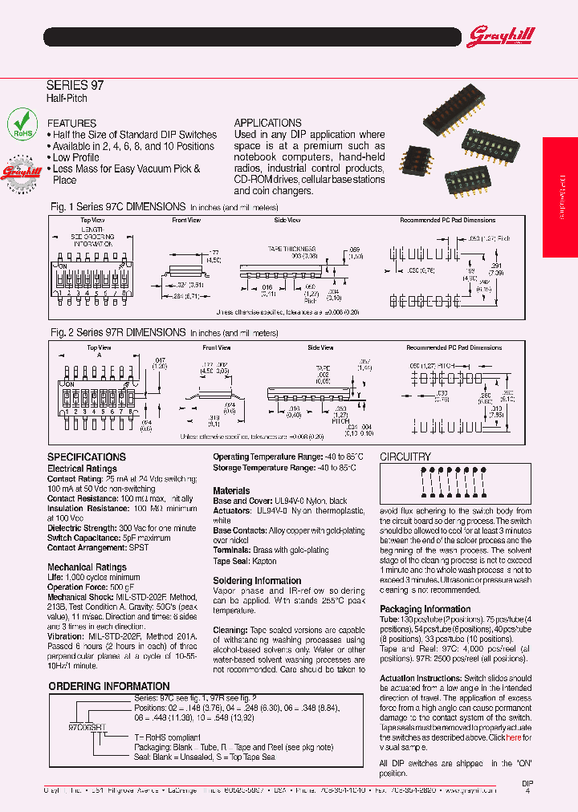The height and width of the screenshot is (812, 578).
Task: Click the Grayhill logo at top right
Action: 500,36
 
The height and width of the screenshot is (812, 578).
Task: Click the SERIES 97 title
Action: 75,84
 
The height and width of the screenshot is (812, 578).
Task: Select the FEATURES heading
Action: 71,123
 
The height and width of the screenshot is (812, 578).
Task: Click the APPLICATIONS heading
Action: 267,123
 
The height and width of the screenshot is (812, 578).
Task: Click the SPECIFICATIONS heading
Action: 87,456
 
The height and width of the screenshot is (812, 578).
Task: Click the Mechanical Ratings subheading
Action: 87,566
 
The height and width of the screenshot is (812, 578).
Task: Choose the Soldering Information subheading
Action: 257,580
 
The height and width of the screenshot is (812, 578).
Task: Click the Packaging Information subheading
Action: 425,609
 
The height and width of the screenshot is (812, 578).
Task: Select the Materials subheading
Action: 231,490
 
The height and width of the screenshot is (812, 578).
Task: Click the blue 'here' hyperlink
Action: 513,737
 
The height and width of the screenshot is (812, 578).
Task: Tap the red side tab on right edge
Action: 560,197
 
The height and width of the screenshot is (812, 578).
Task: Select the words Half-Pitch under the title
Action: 67,98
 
